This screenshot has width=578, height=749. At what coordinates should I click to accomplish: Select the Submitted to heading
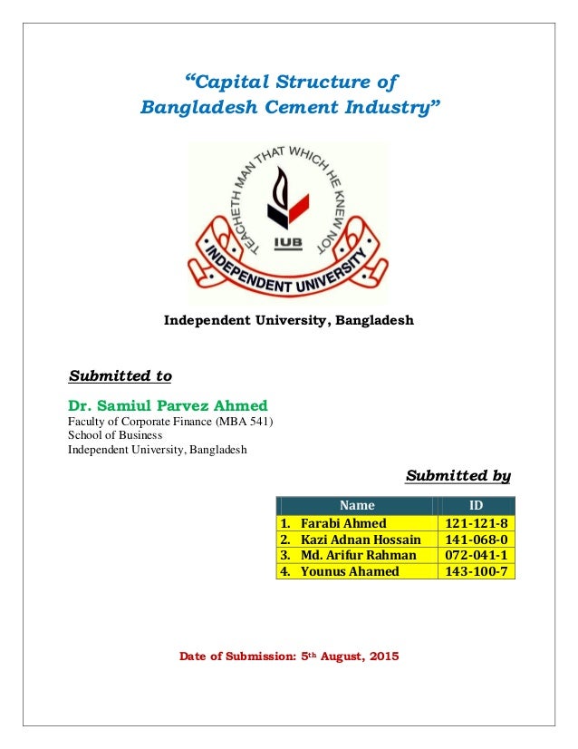pos(120,375)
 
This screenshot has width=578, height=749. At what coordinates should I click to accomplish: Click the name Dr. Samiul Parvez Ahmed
pos(168,404)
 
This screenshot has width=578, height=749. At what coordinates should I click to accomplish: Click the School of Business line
pos(117,435)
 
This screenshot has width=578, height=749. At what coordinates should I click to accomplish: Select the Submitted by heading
pos(458,475)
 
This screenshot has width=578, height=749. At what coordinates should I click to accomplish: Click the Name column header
pos(356,505)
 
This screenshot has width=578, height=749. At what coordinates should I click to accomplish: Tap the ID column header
pos(476,505)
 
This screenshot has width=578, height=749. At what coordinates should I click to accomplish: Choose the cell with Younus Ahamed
pos(349,571)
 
